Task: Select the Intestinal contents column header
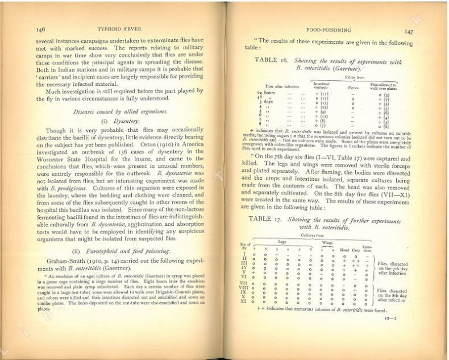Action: (322, 85)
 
